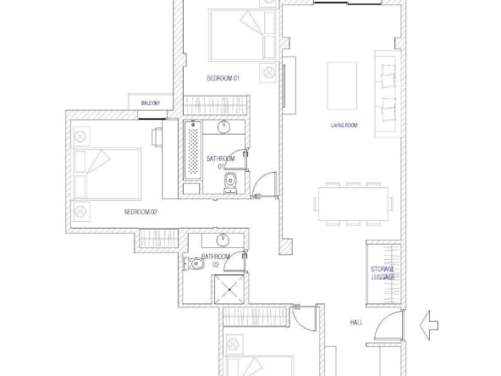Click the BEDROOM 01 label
coord(223,78)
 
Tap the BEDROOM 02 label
coord(140,212)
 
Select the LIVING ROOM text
coord(344,125)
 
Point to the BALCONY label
coord(151,103)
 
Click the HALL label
coord(356,323)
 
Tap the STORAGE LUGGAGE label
coord(383,273)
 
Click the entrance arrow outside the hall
coord(429,325)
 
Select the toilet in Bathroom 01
coord(230,183)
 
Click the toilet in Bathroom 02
coord(194,263)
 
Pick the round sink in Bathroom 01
coord(224,127)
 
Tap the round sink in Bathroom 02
coord(223,240)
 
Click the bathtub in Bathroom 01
coord(193,150)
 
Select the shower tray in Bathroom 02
coord(229,290)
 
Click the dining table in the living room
coord(353,204)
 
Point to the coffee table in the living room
coord(342,86)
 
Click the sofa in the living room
coord(388,94)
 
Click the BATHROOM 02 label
coord(216,261)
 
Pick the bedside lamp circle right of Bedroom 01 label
coord(269,73)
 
